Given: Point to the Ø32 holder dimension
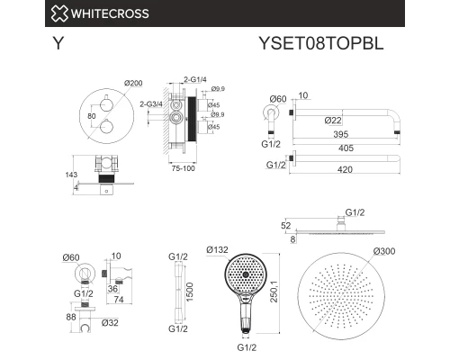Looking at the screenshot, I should [112, 322].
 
